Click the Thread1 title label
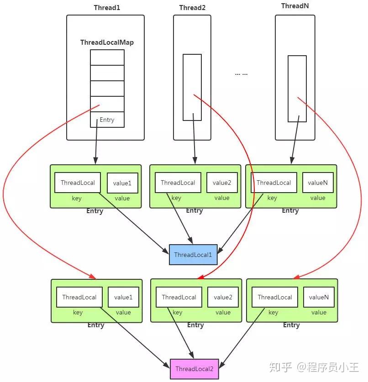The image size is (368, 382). tap(107, 8)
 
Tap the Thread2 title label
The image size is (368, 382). tap(192, 8)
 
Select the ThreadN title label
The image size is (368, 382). tap(295, 6)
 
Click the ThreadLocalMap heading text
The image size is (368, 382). tap(107, 42)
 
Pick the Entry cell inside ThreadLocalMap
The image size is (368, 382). tap(107, 120)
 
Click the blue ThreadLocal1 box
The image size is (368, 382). tap(193, 255)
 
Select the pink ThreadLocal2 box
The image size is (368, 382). tap(194, 369)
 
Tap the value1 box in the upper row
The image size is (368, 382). tap(122, 183)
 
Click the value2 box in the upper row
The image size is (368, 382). tap(222, 183)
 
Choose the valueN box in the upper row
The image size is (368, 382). tap(318, 183)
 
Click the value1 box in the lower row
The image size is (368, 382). tap(123, 297)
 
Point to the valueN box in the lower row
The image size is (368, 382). tap(319, 297)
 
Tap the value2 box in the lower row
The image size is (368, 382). tap(223, 297)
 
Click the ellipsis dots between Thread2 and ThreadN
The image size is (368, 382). tap(241, 74)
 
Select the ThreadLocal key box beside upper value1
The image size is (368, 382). tap(78, 183)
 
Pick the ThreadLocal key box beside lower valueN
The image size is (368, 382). tap(275, 297)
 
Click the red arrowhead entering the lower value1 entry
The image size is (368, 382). tap(93, 277)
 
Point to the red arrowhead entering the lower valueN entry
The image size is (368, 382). tap(296, 277)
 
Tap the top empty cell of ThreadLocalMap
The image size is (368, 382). tap(107, 58)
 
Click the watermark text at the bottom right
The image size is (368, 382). tap(314, 367)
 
